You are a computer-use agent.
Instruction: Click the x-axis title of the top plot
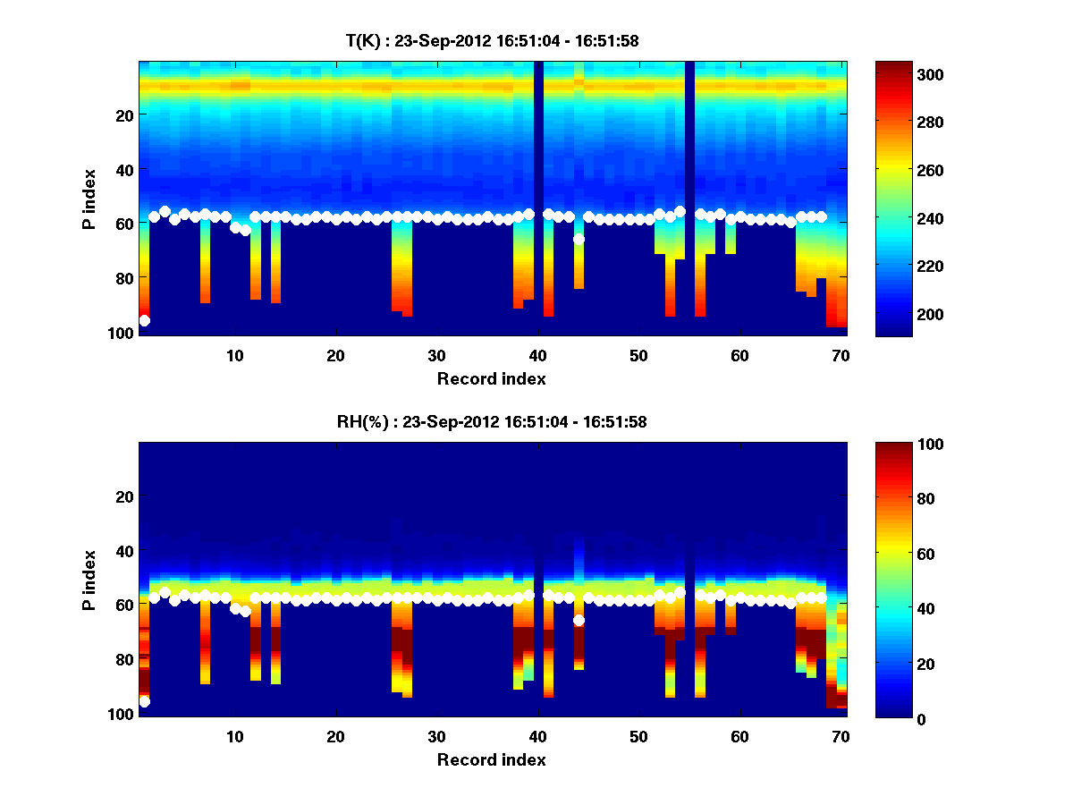tap(492, 378)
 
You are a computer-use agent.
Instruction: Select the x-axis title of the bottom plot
tap(492, 760)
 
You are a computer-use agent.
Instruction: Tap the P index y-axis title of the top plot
tap(89, 199)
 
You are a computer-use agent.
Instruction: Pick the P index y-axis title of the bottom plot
tap(89, 580)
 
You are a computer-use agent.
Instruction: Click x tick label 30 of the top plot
tap(436, 355)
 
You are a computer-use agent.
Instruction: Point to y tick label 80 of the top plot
tap(123, 277)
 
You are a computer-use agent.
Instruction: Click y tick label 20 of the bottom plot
tap(123, 496)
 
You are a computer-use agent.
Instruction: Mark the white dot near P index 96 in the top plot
tap(144, 320)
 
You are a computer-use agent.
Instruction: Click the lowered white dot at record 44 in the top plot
tap(579, 239)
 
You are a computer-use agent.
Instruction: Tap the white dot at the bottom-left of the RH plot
tap(144, 702)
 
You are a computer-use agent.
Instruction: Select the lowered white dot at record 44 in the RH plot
tap(579, 620)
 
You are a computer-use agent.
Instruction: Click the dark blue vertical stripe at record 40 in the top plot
tap(538, 134)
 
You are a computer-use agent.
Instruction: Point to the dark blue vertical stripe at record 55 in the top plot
tap(689, 134)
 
